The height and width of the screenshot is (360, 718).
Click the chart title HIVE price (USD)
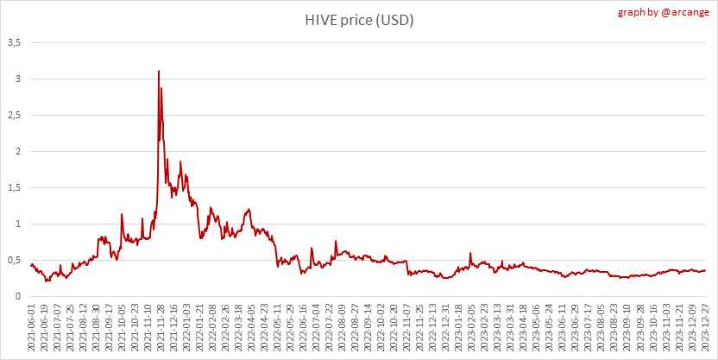pos(358,20)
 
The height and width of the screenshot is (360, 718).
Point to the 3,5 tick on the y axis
pos(14,42)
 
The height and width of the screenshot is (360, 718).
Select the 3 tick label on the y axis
pos(17,79)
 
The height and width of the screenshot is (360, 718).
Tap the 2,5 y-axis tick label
pos(14,116)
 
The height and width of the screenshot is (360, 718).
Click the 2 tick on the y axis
pos(17,152)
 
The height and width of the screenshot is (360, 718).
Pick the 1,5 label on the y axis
pos(14,188)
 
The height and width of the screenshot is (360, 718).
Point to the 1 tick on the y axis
pos(17,224)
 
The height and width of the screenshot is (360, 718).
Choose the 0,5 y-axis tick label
pos(14,261)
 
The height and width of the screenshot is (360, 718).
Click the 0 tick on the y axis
pos(17,297)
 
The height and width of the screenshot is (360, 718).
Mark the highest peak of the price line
pos(159,71)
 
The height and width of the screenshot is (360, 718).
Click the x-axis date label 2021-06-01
pos(32,328)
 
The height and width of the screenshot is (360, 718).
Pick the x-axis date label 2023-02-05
pos(472,328)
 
